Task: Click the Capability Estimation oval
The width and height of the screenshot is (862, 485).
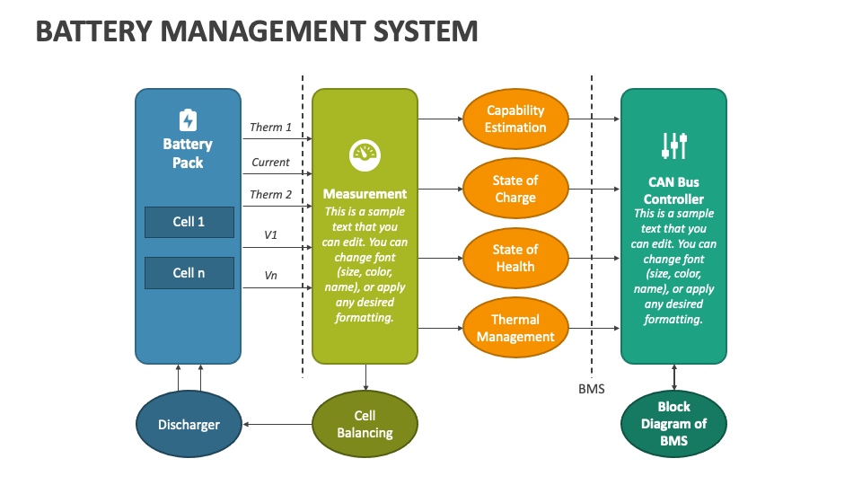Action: click(515, 119)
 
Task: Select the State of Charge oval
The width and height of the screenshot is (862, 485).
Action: click(515, 189)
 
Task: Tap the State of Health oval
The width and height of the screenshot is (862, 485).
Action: click(515, 258)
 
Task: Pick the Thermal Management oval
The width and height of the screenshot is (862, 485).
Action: click(515, 328)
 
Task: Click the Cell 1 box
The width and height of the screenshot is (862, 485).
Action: click(189, 222)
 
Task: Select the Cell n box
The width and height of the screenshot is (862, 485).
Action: click(189, 273)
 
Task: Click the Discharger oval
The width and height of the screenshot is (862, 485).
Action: click(189, 424)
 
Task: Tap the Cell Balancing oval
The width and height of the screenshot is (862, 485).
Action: click(365, 424)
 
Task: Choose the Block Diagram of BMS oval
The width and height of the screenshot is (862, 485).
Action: click(673, 423)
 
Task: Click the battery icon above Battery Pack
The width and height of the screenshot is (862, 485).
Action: click(188, 120)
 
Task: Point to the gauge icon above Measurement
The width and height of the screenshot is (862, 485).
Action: click(365, 155)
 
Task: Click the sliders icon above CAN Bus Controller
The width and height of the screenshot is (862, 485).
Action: click(673, 145)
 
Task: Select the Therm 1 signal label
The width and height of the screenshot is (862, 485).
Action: click(270, 128)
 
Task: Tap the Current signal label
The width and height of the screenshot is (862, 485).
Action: click(270, 163)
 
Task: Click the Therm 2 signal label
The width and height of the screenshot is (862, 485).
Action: click(270, 194)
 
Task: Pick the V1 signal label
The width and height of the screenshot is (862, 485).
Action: click(270, 234)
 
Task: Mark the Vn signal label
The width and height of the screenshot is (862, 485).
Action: click(270, 276)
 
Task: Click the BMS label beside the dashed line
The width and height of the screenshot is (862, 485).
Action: click(592, 389)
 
